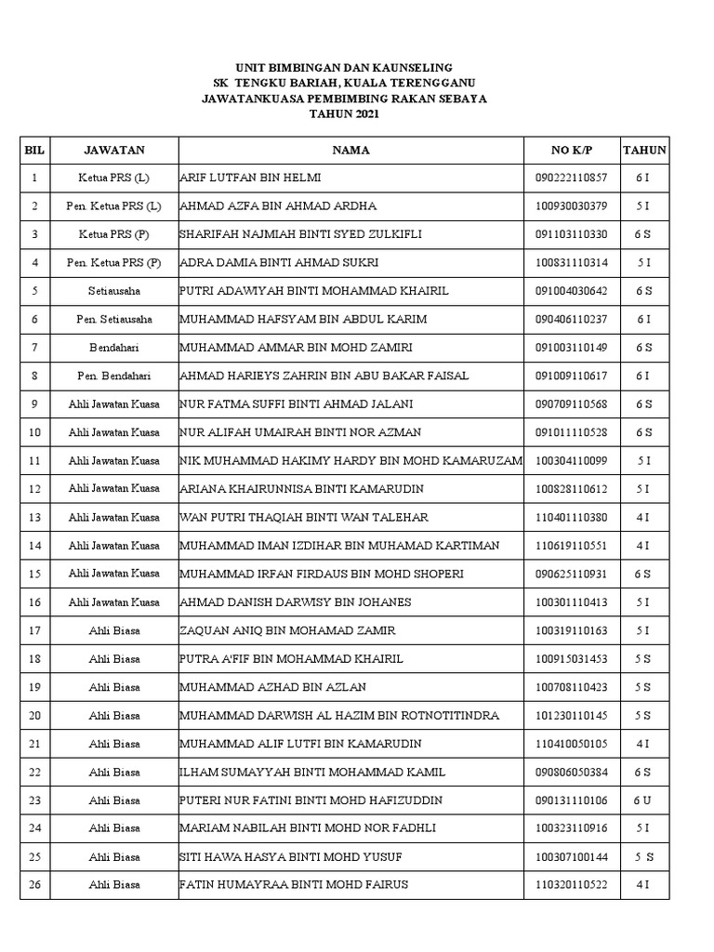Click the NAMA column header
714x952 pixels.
click(x=350, y=150)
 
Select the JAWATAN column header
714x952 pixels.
click(x=114, y=150)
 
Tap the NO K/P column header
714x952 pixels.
click(x=571, y=150)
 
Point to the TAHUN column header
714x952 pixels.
click(x=643, y=150)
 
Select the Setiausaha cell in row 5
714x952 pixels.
click(x=114, y=291)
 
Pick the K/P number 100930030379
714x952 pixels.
click(x=571, y=205)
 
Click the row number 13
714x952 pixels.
click(x=35, y=518)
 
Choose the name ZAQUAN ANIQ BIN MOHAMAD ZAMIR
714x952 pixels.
click(x=287, y=631)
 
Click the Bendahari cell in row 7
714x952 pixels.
click(x=114, y=348)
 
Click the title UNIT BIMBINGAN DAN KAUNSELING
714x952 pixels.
click(x=344, y=68)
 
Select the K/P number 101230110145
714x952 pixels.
click(x=571, y=716)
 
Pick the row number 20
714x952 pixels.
click(x=35, y=716)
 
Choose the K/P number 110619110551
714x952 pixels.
click(x=571, y=546)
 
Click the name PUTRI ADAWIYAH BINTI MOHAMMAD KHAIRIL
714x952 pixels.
click(x=313, y=291)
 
